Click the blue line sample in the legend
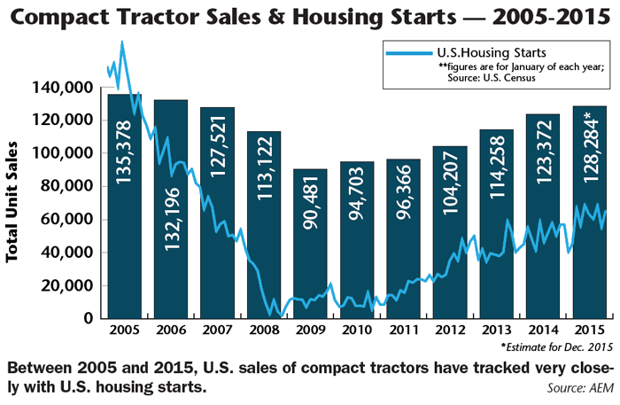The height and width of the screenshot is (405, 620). click(x=408, y=54)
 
